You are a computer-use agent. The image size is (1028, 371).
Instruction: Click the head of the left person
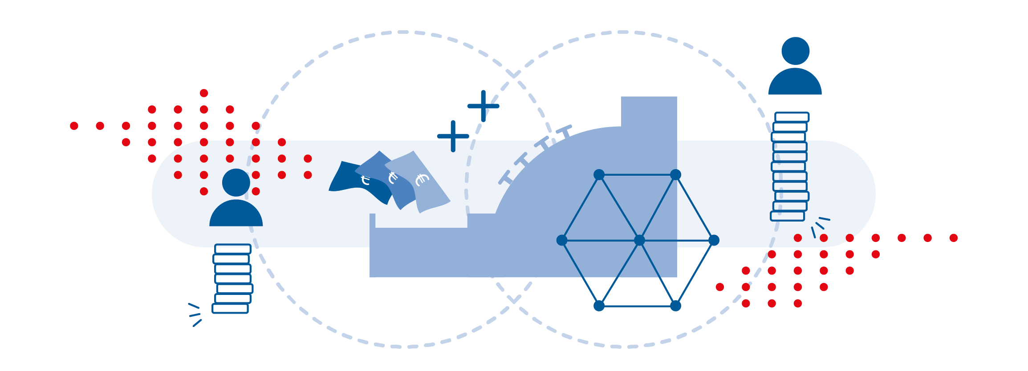coord(236,182)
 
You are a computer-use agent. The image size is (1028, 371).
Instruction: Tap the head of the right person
coord(795,51)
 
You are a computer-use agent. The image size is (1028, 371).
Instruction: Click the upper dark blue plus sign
coord(483,106)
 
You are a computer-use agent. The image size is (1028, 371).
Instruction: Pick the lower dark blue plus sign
coord(453,136)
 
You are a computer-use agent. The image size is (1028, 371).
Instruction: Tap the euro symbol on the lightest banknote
coord(422,180)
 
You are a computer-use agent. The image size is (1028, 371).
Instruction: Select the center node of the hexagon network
coord(639,240)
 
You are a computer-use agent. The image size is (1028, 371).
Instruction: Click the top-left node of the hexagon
coord(599,174)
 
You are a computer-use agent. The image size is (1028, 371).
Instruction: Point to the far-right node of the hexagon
coord(714,240)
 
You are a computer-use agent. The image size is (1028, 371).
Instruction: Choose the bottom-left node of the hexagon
coord(599,306)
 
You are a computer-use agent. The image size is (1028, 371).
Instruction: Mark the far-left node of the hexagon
coord(562,240)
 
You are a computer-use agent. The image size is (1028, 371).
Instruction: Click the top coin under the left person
coord(233,249)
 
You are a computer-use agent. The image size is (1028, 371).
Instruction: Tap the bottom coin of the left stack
coord(230,308)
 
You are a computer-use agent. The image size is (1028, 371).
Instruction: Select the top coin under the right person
coord(792,117)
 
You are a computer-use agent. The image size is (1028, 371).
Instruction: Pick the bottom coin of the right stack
coord(787,216)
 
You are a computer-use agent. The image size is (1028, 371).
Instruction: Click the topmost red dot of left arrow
coord(204,93)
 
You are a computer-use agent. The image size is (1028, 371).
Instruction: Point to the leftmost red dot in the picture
coord(74,126)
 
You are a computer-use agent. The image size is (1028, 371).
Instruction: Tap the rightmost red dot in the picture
coord(953,238)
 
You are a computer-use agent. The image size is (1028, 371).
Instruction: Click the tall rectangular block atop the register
coord(649,111)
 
